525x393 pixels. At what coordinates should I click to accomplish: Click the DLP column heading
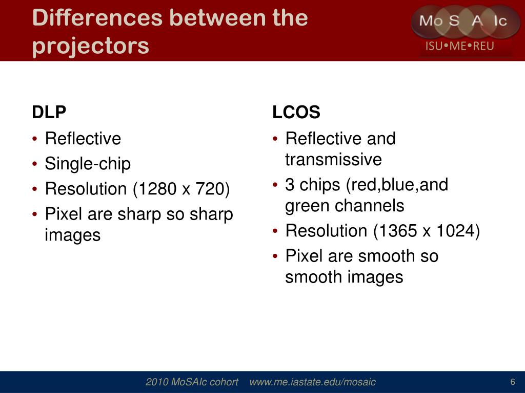(x=49, y=112)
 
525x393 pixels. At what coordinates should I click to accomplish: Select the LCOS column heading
(x=296, y=112)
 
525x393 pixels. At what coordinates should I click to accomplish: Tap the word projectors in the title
(x=90, y=46)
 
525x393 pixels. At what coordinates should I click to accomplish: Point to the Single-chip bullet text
(x=88, y=164)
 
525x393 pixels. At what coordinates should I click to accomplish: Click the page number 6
(x=512, y=382)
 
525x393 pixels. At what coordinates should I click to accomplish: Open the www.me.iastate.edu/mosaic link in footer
(x=312, y=382)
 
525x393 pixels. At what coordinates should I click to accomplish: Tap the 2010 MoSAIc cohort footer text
(x=192, y=382)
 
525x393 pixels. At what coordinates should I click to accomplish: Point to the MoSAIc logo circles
(x=465, y=21)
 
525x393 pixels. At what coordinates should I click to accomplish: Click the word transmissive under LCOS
(x=333, y=160)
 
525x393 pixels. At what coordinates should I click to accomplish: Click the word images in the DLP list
(x=73, y=235)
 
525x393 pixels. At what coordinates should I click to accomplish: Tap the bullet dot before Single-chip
(x=34, y=164)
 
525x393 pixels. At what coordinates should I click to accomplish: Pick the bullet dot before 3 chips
(x=275, y=185)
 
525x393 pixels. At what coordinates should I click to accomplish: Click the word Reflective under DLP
(x=83, y=139)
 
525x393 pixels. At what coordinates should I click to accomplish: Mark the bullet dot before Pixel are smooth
(x=275, y=256)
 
